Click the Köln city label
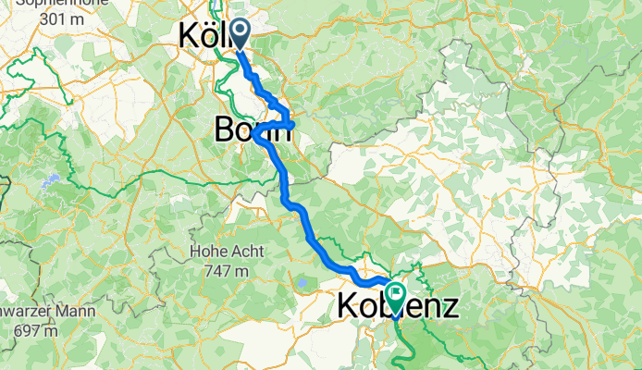point(205,36)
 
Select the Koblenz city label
point(398,305)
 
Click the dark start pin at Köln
point(239,35)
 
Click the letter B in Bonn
point(224,131)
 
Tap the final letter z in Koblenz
point(449,305)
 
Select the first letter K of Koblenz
point(348,305)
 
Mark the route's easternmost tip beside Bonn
point(293,124)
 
